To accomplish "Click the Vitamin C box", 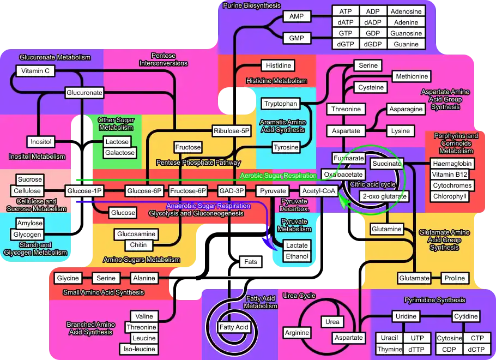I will tap(36, 71).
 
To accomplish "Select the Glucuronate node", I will tap(84, 93).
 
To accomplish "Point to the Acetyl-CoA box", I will tap(319, 191).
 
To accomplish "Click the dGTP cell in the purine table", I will tap(346, 44).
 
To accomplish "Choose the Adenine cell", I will tap(406, 22).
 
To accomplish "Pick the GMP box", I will tap(297, 38).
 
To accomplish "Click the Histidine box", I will tap(278, 65).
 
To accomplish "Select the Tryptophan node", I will tap(280, 104).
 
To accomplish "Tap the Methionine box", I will tap(412, 76).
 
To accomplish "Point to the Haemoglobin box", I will tap(452, 164).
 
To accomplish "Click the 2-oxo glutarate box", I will tap(384, 196).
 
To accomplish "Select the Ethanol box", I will tap(297, 256).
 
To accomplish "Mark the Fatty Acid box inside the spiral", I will tap(234, 327).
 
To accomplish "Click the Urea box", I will tap(332, 322).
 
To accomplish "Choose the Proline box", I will tap(455, 278).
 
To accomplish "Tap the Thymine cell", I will tap(390, 349).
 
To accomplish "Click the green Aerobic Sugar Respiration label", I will tap(278, 176).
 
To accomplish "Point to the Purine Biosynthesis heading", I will tap(252, 5).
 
